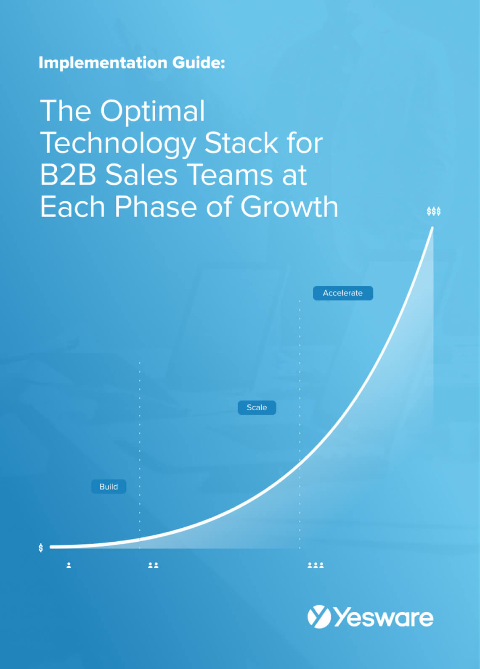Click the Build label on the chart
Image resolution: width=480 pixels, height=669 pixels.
(109, 487)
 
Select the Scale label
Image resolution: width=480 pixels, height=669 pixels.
(257, 408)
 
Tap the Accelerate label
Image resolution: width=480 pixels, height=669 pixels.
(342, 293)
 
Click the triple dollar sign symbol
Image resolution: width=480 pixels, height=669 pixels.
(434, 211)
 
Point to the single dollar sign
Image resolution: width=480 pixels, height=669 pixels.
(41, 548)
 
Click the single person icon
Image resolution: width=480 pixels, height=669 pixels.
(69, 565)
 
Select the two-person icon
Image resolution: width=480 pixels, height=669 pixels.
(153, 565)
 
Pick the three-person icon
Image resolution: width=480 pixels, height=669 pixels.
(316, 565)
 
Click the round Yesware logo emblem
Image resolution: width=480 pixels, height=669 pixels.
(318, 617)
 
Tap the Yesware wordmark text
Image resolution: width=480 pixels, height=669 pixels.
(383, 618)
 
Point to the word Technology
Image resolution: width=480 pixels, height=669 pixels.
(118, 144)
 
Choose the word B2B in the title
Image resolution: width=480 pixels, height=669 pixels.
(68, 175)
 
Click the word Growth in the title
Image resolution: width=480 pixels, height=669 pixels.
(289, 207)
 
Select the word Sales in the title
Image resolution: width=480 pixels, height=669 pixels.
(141, 175)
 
